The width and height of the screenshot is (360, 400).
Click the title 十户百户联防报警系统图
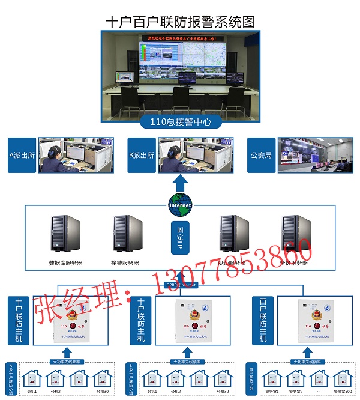[x=180, y=21]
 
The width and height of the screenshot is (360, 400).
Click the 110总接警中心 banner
[x=180, y=123]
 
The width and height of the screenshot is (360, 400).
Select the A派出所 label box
[x=23, y=155]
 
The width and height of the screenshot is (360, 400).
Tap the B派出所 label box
[x=143, y=155]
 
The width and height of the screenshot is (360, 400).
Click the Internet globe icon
[x=179, y=204]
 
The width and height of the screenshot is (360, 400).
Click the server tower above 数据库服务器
[x=65, y=234]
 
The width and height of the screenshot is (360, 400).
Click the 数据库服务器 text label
[x=65, y=263]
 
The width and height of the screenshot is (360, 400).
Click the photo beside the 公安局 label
[x=315, y=155]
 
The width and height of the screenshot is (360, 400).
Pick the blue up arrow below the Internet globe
[x=179, y=182]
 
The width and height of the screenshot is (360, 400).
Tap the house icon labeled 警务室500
[x=340, y=380]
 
